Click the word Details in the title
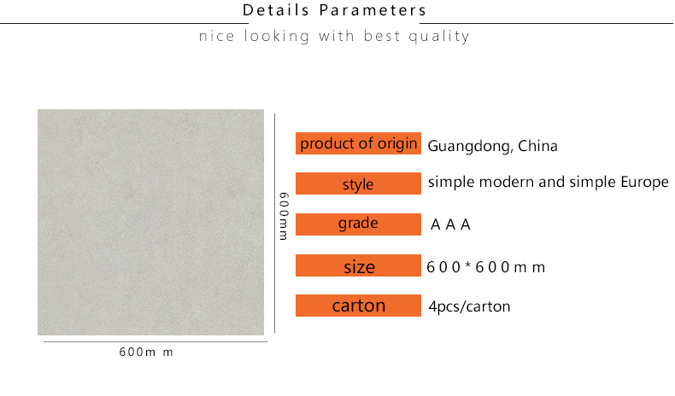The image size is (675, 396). coord(276,10)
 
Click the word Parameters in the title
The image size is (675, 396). coord(373,10)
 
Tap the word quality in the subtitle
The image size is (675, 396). coord(438,36)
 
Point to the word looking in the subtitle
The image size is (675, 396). coord(277,36)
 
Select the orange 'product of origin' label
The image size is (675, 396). coord(358,143)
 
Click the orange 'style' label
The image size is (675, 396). coord(358,183)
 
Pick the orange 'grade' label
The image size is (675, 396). coord(358,224)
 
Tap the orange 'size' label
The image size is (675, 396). coord(358,265)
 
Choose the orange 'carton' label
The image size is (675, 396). coord(358,306)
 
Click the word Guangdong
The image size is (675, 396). coord(470,147)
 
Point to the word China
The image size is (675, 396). coord(537,146)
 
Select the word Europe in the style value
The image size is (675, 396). coord(644,183)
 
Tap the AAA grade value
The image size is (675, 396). coord(450,224)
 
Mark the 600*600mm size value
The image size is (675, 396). coord(485,267)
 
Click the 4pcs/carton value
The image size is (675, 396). coord(469,306)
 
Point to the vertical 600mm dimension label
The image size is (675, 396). coord(284,216)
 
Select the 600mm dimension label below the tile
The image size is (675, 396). coord(146,352)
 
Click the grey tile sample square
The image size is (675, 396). coord(150,222)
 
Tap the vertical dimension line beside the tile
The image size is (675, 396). coord(274,223)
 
